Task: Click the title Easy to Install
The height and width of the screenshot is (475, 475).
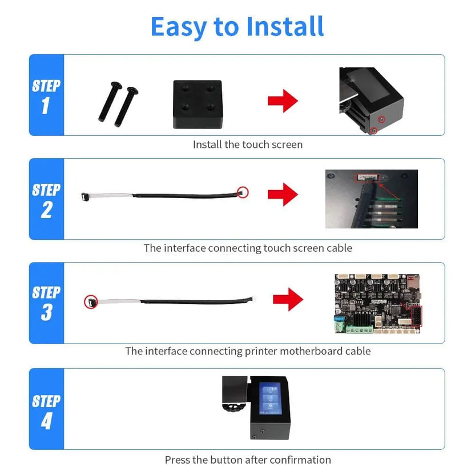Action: (x=237, y=26)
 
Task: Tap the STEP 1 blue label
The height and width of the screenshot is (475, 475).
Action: (x=46, y=95)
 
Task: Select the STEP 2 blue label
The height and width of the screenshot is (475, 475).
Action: (x=46, y=199)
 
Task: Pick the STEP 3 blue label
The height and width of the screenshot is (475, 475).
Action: (x=46, y=303)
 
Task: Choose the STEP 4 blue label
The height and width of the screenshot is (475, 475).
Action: (x=46, y=409)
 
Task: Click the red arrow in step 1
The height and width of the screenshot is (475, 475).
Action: (x=283, y=102)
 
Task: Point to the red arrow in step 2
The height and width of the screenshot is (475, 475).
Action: (x=283, y=195)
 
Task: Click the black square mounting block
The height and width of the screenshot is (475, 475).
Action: (x=197, y=104)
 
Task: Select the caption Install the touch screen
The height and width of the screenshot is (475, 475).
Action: (x=248, y=144)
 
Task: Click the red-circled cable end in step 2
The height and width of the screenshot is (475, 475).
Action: (x=243, y=192)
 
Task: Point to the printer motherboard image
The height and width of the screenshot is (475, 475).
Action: (x=378, y=303)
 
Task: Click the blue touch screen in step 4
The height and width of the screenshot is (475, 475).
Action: (x=271, y=398)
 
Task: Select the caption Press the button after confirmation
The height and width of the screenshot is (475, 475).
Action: (x=248, y=460)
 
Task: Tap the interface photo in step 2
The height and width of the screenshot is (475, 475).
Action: (x=371, y=199)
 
